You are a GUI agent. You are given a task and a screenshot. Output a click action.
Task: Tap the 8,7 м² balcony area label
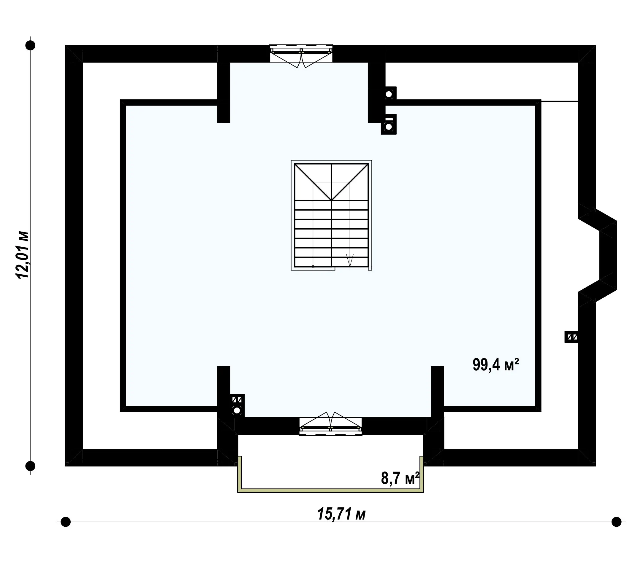tap(400, 478)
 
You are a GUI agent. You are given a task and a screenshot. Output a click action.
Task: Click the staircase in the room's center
tap(331, 215)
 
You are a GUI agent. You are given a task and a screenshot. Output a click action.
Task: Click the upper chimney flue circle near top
tap(389, 94)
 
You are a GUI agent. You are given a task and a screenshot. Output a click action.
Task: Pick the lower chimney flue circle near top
tap(388, 127)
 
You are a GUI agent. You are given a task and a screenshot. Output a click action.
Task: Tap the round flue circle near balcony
tap(237, 411)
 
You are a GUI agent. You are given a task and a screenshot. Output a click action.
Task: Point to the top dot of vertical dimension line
tap(30, 45)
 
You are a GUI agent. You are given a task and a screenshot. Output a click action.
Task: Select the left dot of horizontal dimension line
tap(66, 522)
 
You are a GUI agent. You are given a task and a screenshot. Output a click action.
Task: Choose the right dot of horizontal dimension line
tap(616, 522)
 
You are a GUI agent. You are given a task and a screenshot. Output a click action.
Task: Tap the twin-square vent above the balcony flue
tap(237, 400)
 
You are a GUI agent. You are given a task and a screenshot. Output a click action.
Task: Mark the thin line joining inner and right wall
tap(560, 102)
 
